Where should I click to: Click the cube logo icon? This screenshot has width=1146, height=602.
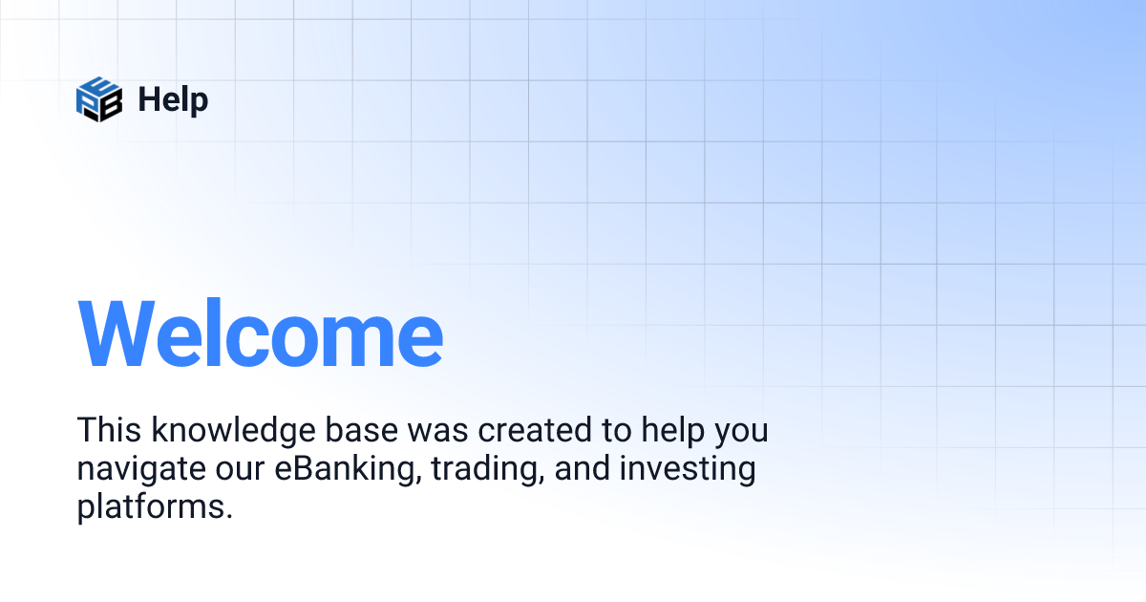[x=99, y=99]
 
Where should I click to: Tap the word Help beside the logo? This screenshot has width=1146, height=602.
[x=173, y=99]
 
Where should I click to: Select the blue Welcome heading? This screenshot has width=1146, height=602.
[x=260, y=333]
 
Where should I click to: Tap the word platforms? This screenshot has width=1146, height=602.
[x=151, y=507]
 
